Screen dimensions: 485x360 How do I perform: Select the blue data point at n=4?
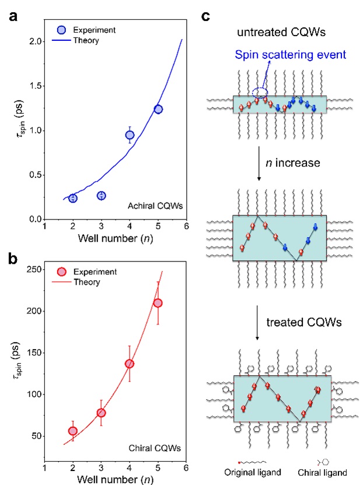click(130, 135)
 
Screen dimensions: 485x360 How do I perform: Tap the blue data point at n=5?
click(158, 109)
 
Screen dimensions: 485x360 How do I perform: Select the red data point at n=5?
click(158, 303)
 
